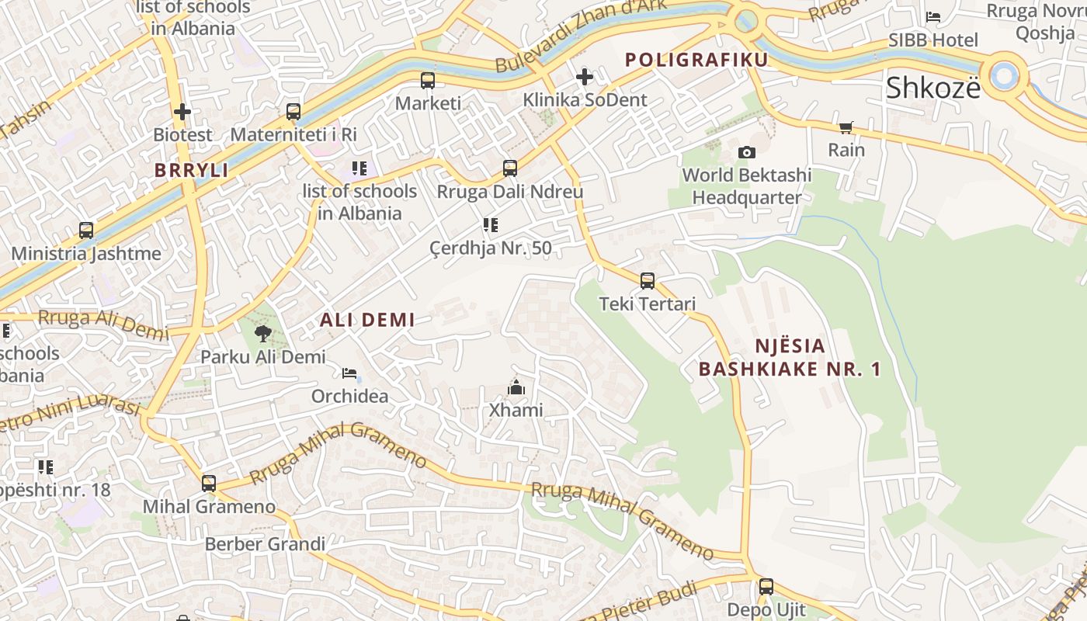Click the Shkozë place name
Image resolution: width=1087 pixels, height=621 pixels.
[932, 88]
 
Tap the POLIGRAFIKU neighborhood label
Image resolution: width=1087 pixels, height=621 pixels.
[696, 60]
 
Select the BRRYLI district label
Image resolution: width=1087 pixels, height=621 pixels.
[191, 170]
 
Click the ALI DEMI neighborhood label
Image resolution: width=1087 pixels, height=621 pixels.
[367, 319]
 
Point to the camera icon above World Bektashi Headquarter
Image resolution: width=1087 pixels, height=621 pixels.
[746, 152]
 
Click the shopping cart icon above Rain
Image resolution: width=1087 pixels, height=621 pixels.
[846, 127]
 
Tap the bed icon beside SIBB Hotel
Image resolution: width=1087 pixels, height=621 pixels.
[933, 17]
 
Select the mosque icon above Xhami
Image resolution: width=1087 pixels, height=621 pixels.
[516, 387]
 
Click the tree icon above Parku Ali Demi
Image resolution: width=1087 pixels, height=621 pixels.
[263, 334]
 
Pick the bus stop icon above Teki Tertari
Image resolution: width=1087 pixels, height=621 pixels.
[647, 281]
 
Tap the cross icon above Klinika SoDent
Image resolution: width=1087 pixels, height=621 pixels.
[585, 77]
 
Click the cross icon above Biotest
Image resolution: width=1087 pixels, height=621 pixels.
[182, 112]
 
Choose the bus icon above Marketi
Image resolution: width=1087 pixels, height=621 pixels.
[428, 80]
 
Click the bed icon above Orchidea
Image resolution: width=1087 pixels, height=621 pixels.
[349, 373]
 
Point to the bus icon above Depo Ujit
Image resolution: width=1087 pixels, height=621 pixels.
[766, 587]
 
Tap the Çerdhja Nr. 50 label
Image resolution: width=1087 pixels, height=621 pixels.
[490, 248]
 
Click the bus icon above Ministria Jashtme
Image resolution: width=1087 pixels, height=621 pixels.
[86, 231]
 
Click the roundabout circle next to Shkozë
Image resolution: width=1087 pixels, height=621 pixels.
[1005, 75]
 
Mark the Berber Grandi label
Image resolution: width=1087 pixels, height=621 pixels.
[265, 543]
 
